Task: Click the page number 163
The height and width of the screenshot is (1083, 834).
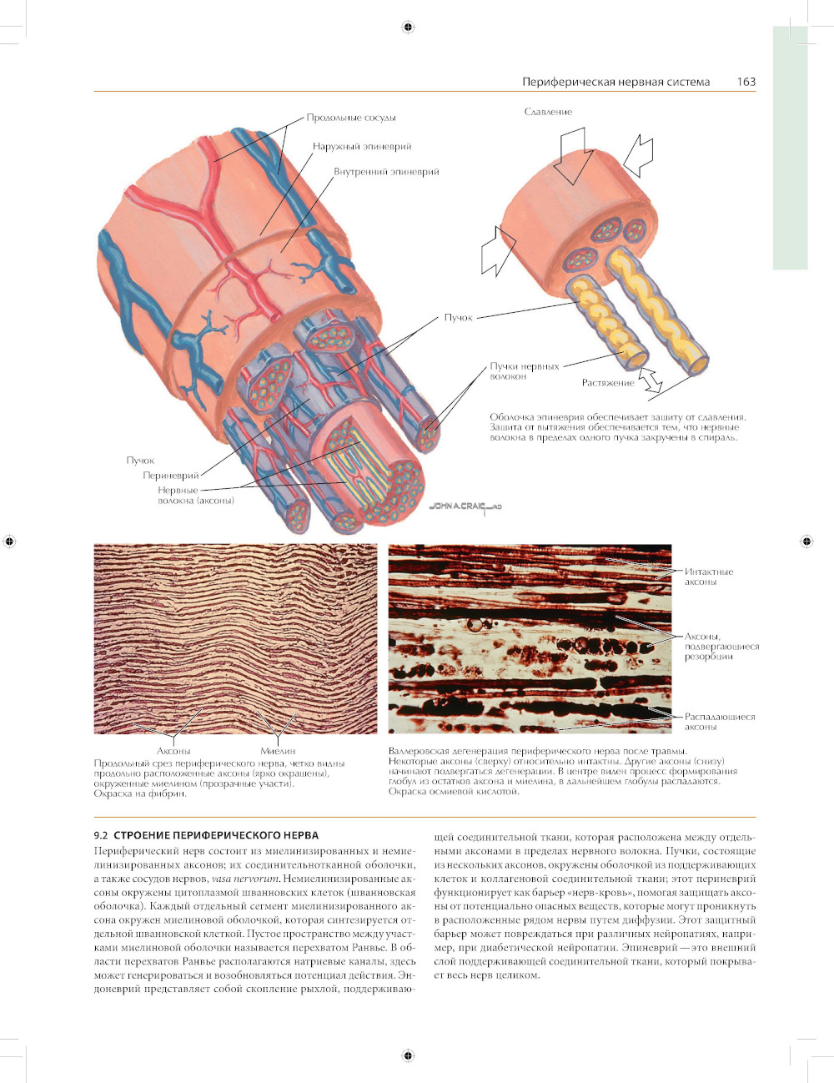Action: pos(746,82)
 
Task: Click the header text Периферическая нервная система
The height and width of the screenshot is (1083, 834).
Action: pos(615,82)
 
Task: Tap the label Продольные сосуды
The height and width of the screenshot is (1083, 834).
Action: pos(351,118)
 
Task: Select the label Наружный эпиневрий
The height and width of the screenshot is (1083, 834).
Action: pos(362,146)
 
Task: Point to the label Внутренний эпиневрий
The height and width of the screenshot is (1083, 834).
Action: pos(386,172)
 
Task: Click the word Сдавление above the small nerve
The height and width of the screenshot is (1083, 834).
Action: pos(548,112)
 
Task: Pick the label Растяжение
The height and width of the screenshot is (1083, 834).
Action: pos(608,383)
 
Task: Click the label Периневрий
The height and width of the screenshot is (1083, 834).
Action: pos(171,476)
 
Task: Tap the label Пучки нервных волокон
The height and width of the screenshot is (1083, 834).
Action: pos(524,371)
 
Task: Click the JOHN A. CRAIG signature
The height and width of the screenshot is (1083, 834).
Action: pos(465,506)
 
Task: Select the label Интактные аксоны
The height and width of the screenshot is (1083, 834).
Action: pos(708,577)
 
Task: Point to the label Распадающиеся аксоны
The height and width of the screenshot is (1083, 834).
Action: pos(719,722)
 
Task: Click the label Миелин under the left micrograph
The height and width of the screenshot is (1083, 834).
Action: pos(278,751)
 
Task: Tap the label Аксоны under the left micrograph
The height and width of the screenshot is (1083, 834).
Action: pos(173,751)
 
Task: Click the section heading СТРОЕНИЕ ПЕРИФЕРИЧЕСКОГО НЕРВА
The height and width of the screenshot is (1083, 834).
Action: pos(216,835)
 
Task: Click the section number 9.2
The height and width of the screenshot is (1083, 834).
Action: pos(101,835)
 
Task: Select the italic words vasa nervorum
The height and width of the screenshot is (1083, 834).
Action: pos(245,879)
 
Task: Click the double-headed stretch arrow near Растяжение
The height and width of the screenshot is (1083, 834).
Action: pos(650,380)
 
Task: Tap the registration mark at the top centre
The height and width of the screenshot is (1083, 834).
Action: pos(408,28)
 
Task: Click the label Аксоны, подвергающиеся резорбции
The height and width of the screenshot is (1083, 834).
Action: pos(721,647)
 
